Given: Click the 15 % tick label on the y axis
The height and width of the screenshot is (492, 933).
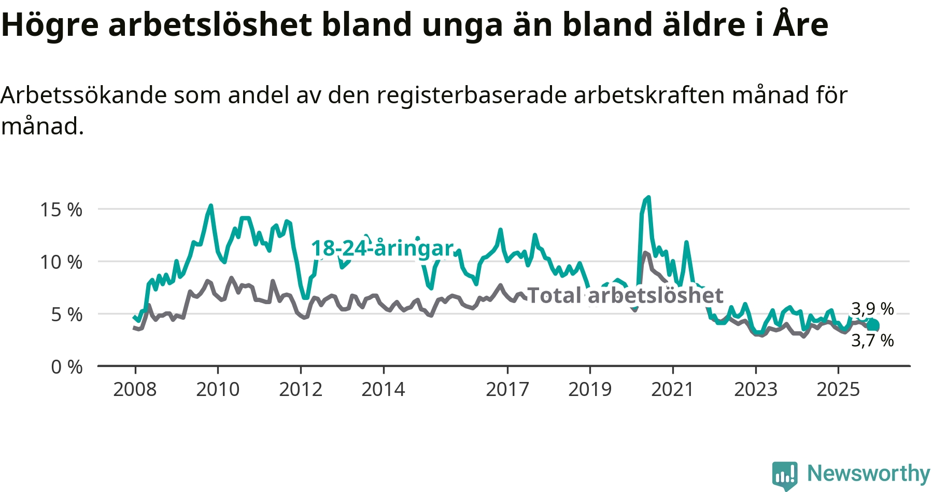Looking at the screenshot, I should [x=61, y=210].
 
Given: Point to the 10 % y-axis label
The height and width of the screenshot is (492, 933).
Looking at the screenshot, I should [x=61, y=262].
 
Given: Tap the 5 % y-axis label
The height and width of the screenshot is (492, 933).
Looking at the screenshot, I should [x=66, y=315].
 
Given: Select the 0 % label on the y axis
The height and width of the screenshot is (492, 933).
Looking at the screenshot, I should [x=66, y=367].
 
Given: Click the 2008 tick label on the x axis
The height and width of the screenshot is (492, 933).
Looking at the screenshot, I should [x=135, y=389].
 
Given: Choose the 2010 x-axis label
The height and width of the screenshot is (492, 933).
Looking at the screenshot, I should [x=218, y=389].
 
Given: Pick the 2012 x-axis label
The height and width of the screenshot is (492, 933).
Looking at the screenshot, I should [x=301, y=389].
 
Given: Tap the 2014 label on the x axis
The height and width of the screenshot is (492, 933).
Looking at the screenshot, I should [x=383, y=389].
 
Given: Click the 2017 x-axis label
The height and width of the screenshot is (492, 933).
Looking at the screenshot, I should [x=507, y=389].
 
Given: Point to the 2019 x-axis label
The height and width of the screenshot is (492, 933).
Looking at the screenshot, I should [x=590, y=389].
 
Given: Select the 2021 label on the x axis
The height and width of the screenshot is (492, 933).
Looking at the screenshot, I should [x=672, y=389].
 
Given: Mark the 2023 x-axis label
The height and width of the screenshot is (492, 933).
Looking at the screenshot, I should [x=756, y=389].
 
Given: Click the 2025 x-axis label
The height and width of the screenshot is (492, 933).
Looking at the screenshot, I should [x=838, y=389].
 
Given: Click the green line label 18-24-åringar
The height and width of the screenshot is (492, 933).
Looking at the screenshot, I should [x=382, y=249].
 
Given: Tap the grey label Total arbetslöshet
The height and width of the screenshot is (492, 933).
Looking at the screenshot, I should [x=625, y=296].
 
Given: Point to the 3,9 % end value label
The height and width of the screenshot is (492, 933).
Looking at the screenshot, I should [x=872, y=309].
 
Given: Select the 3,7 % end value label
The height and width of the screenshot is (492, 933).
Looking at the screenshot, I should [x=872, y=340].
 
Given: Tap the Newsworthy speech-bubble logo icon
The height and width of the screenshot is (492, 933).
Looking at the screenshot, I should [x=784, y=474].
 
